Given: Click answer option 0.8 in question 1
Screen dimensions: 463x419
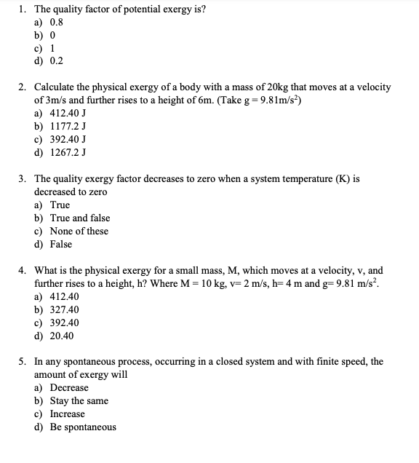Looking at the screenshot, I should [x=57, y=23].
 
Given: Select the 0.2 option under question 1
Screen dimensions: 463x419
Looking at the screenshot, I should [x=57, y=62].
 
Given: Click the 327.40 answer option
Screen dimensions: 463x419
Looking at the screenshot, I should [x=65, y=309].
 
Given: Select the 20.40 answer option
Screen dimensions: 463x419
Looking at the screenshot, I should [x=63, y=336].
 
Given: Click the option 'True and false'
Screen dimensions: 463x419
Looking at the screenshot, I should [x=80, y=218].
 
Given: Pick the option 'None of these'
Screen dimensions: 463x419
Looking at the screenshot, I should [x=79, y=231].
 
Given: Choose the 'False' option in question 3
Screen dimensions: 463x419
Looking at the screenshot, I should [x=61, y=244].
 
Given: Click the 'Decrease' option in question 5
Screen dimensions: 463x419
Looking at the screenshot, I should [x=69, y=388].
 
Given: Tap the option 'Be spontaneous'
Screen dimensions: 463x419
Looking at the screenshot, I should [x=83, y=427].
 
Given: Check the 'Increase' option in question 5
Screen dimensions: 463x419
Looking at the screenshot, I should [x=68, y=414].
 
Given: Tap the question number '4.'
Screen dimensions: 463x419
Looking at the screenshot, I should [x=22, y=270].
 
